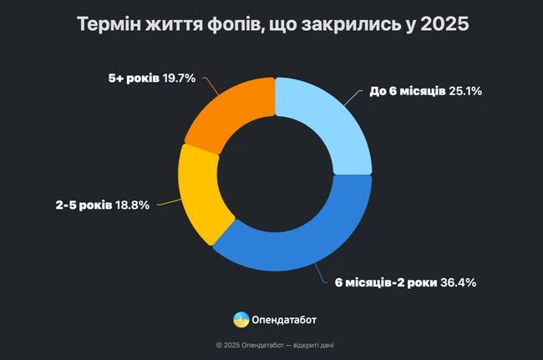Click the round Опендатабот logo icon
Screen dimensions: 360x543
(x=241, y=318)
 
